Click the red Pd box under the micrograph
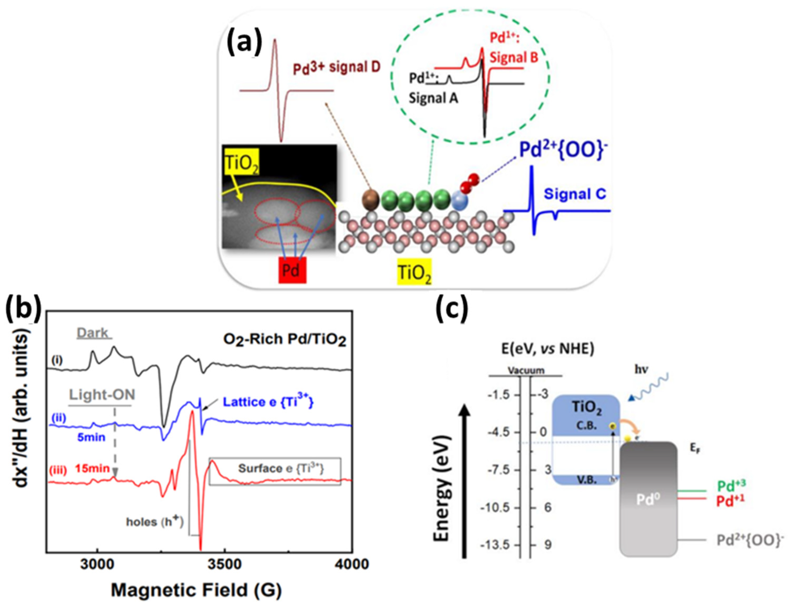pos(292,270)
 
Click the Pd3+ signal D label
pos(336,68)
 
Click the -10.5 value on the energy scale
pos(498,508)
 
